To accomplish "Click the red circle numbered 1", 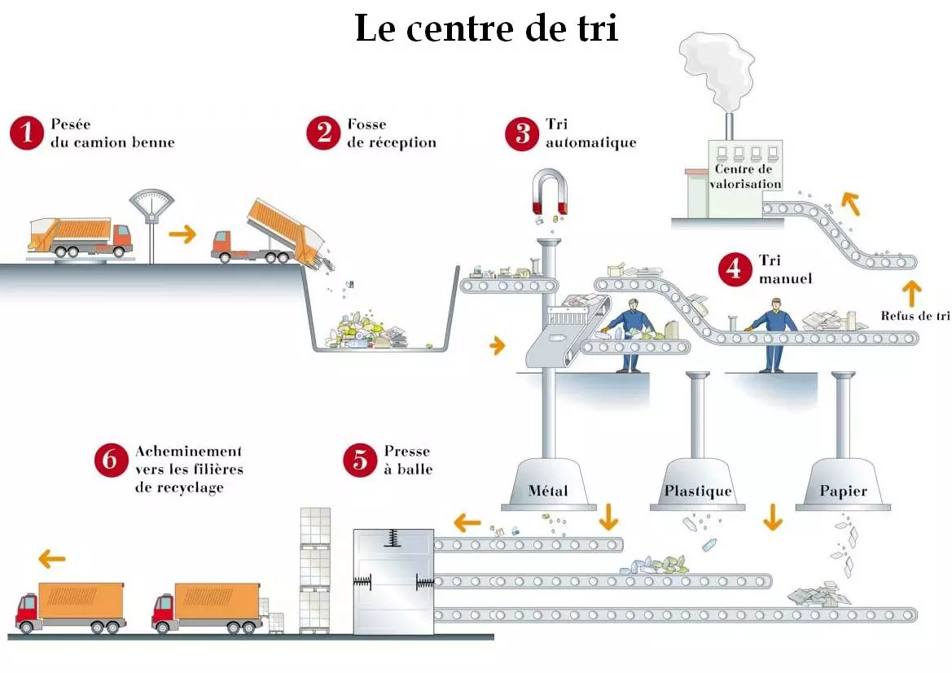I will click(x=27, y=133).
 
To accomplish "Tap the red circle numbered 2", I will click(x=323, y=133).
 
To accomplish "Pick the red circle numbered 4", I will click(x=735, y=269).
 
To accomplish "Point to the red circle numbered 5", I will click(x=361, y=460).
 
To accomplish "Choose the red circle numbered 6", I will click(x=111, y=460).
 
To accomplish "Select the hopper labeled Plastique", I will click(x=697, y=486).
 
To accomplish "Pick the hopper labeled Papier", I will click(x=843, y=486).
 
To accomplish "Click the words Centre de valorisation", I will click(x=744, y=177).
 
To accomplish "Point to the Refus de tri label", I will click(x=915, y=316).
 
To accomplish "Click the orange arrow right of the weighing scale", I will click(x=183, y=235).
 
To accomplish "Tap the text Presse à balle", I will click(x=407, y=460).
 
